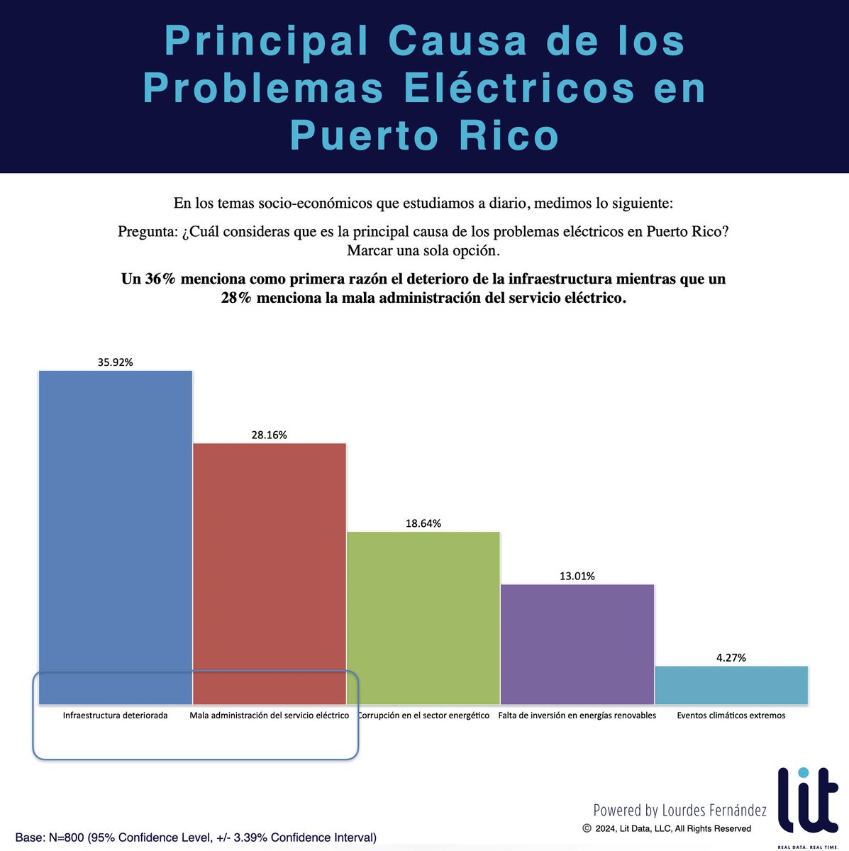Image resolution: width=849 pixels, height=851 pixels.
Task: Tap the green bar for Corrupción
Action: coord(423,618)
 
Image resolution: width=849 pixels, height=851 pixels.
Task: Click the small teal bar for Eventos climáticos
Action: coord(731,685)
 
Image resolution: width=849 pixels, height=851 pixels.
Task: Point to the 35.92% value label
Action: coord(116,362)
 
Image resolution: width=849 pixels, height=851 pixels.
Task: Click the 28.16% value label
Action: coord(270,435)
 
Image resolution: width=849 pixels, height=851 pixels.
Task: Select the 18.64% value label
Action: coord(423,523)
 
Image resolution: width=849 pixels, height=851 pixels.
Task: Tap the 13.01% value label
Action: coord(577,576)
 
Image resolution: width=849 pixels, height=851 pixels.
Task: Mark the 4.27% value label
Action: coord(731,657)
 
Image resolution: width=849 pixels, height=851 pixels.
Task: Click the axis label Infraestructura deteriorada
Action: coord(115,716)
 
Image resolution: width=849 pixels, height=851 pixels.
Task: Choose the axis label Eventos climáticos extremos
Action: coord(731,716)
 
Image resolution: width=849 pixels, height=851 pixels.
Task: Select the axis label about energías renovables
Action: coord(577,716)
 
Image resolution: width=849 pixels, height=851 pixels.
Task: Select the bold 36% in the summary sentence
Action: coord(160,279)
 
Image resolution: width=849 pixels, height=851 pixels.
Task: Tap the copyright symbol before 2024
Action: coord(587,828)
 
